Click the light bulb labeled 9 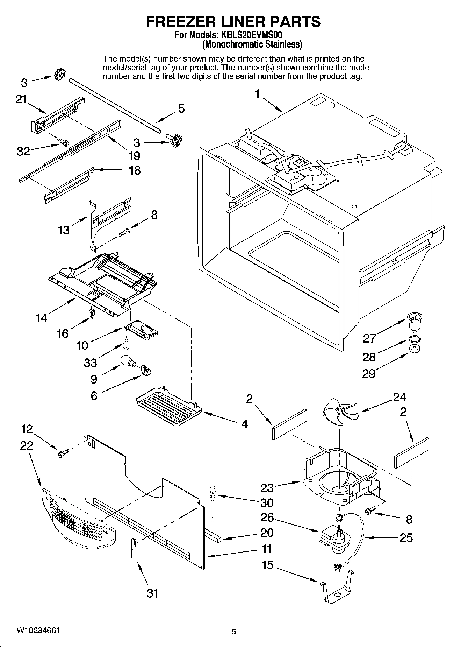[128, 361]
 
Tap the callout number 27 [369, 338]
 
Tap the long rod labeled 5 [115, 105]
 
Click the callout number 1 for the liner [258, 94]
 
